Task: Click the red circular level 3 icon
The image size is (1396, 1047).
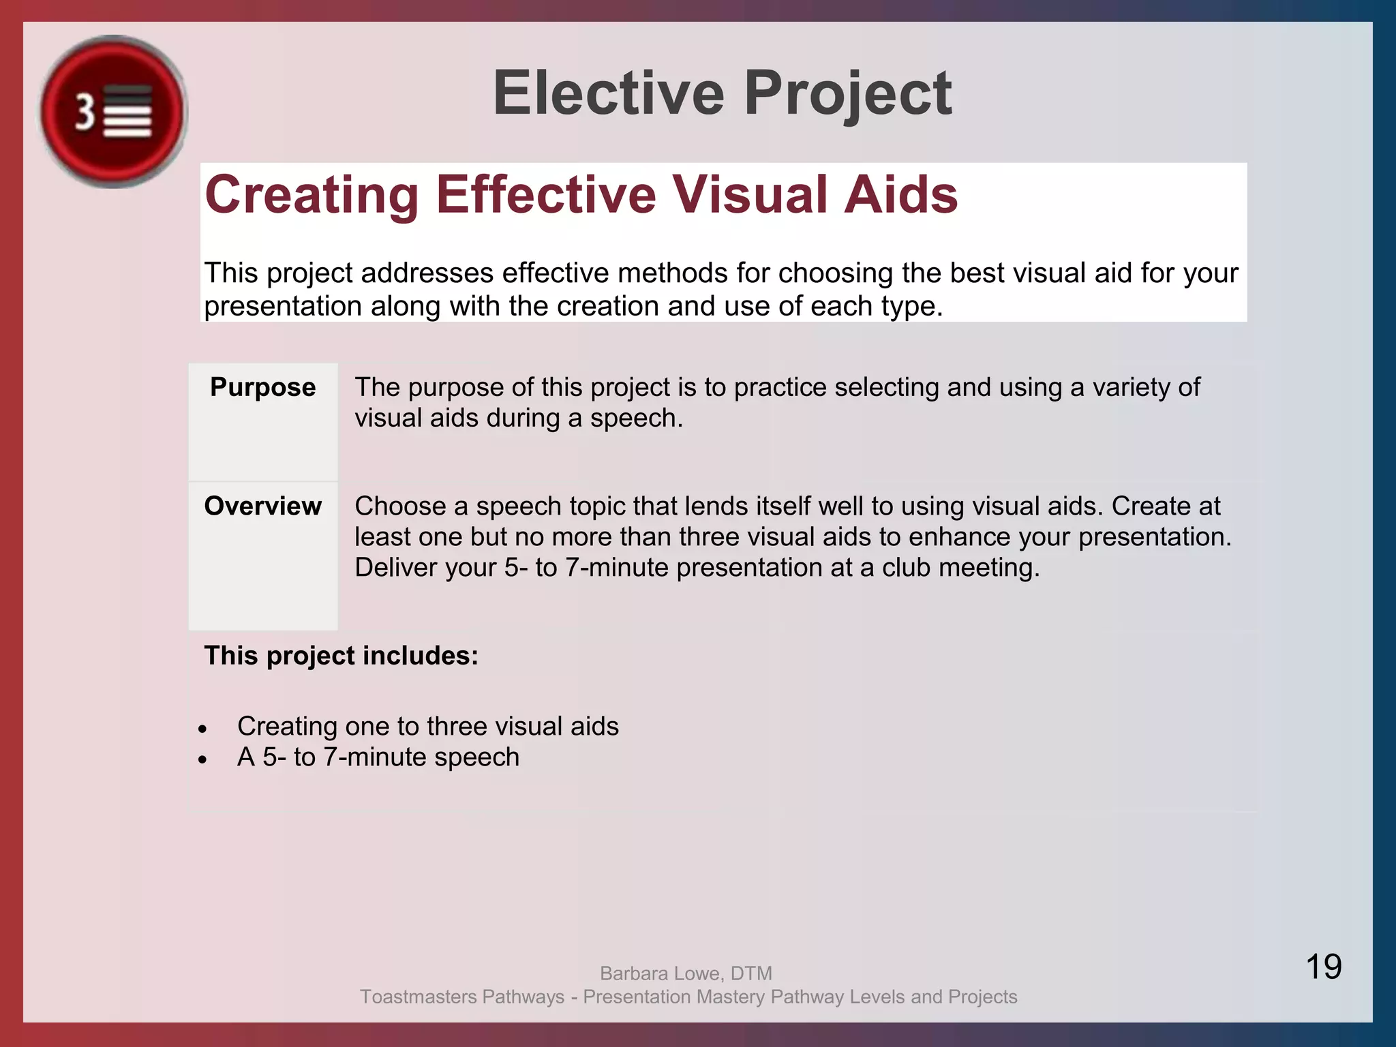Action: (113, 111)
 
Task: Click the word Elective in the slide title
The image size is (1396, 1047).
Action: (608, 93)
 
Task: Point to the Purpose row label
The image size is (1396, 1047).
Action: (262, 387)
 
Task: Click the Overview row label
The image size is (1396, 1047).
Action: (262, 506)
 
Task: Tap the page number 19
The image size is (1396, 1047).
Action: (1323, 967)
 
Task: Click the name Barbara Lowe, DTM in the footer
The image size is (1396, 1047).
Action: (686, 973)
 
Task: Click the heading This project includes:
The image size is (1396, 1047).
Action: (341, 656)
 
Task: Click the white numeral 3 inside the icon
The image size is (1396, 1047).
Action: (85, 112)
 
